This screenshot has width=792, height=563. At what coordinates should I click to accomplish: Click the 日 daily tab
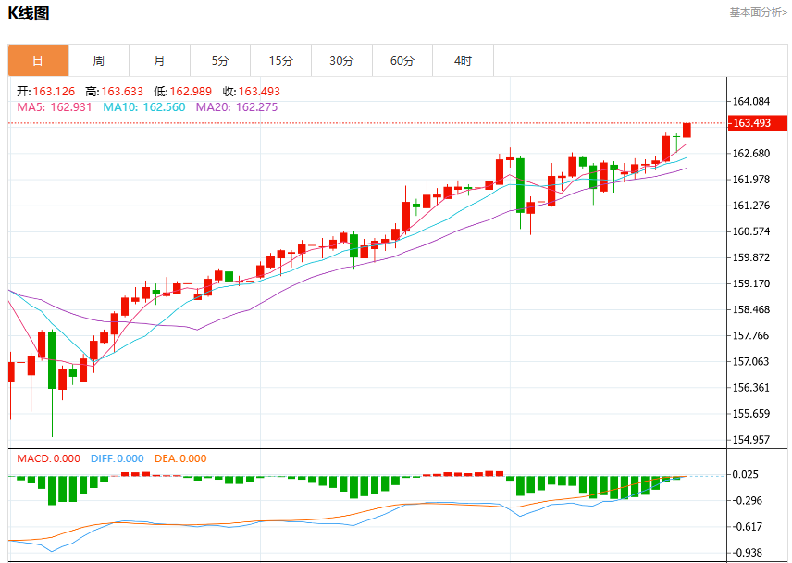pos(38,60)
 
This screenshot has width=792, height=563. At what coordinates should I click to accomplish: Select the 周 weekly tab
pos(99,60)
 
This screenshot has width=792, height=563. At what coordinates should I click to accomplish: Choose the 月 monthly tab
pos(160,60)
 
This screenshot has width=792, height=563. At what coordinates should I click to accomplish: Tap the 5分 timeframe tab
pos(220,60)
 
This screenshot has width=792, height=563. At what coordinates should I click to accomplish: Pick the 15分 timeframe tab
pos(281,60)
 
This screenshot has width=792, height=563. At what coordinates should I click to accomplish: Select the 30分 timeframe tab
pos(342,60)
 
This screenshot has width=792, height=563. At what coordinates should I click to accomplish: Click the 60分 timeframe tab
pos(402,60)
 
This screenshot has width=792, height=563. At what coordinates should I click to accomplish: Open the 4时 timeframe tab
pos(464,60)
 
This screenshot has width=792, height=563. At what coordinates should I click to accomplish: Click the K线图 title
pos(29,13)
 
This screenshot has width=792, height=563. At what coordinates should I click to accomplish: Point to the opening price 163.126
pos(54,92)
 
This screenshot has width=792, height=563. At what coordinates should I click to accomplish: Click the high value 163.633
pos(122,92)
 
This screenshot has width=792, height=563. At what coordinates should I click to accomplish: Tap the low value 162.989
pos(191,92)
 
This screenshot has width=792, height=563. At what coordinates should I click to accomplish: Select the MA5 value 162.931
pos(71,107)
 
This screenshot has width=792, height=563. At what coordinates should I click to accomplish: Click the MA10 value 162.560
pos(164,107)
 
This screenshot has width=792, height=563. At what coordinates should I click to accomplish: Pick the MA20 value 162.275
pos(256,107)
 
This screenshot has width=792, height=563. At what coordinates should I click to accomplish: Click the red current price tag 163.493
pos(757,123)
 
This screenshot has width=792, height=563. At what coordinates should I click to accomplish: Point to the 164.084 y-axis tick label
pos(751,102)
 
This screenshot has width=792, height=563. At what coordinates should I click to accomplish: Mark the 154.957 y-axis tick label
pos(751,440)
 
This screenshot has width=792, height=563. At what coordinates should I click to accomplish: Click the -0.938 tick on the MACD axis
pos(748,553)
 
